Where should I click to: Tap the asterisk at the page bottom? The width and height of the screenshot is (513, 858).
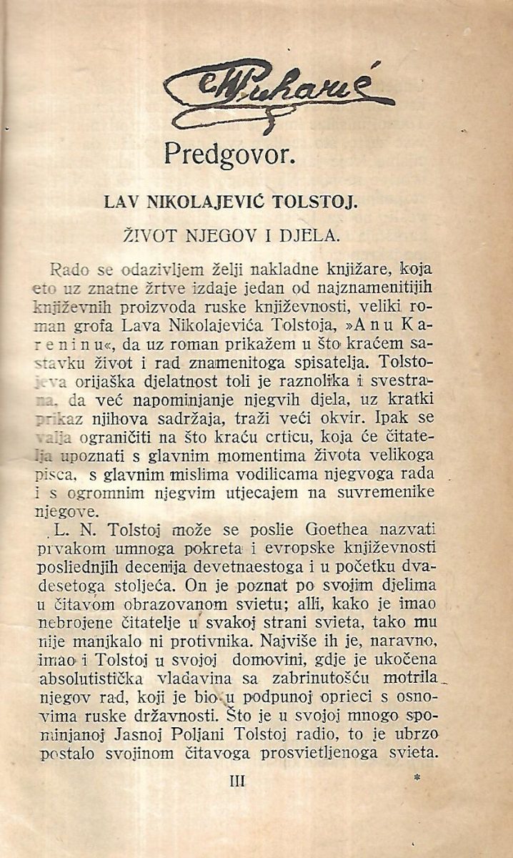[417, 774]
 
